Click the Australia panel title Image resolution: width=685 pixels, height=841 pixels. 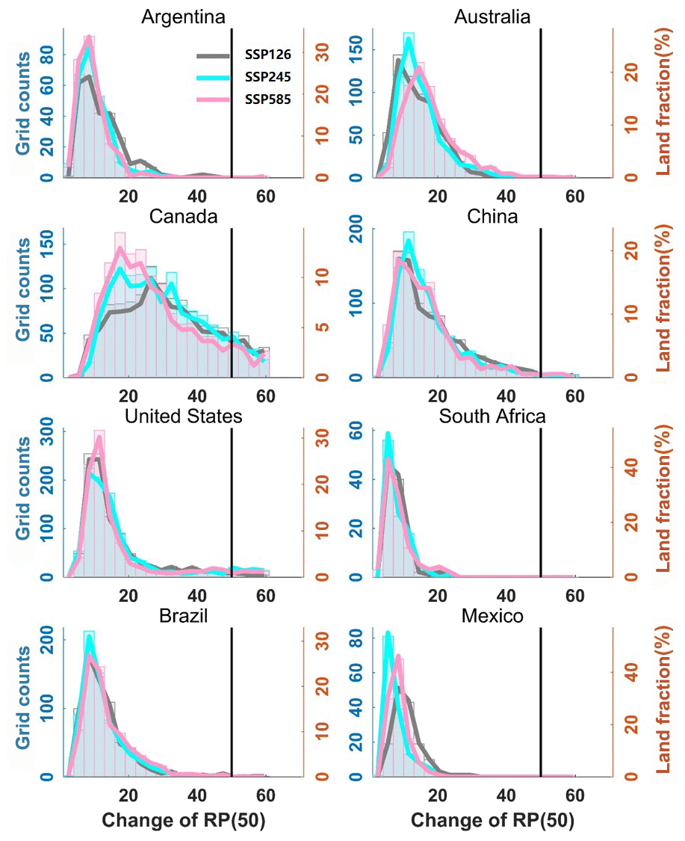(x=492, y=16)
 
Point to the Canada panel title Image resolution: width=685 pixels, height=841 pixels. (x=183, y=217)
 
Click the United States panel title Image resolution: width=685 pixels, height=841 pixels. (x=183, y=416)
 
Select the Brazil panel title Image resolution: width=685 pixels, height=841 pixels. (x=183, y=616)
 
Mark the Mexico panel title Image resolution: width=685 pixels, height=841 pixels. (x=492, y=616)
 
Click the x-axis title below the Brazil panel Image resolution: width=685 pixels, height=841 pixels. (x=184, y=820)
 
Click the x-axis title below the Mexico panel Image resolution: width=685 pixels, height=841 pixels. (x=493, y=820)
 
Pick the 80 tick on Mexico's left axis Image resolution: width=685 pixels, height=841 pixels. (x=358, y=640)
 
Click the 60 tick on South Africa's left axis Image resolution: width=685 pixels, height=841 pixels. (x=358, y=431)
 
